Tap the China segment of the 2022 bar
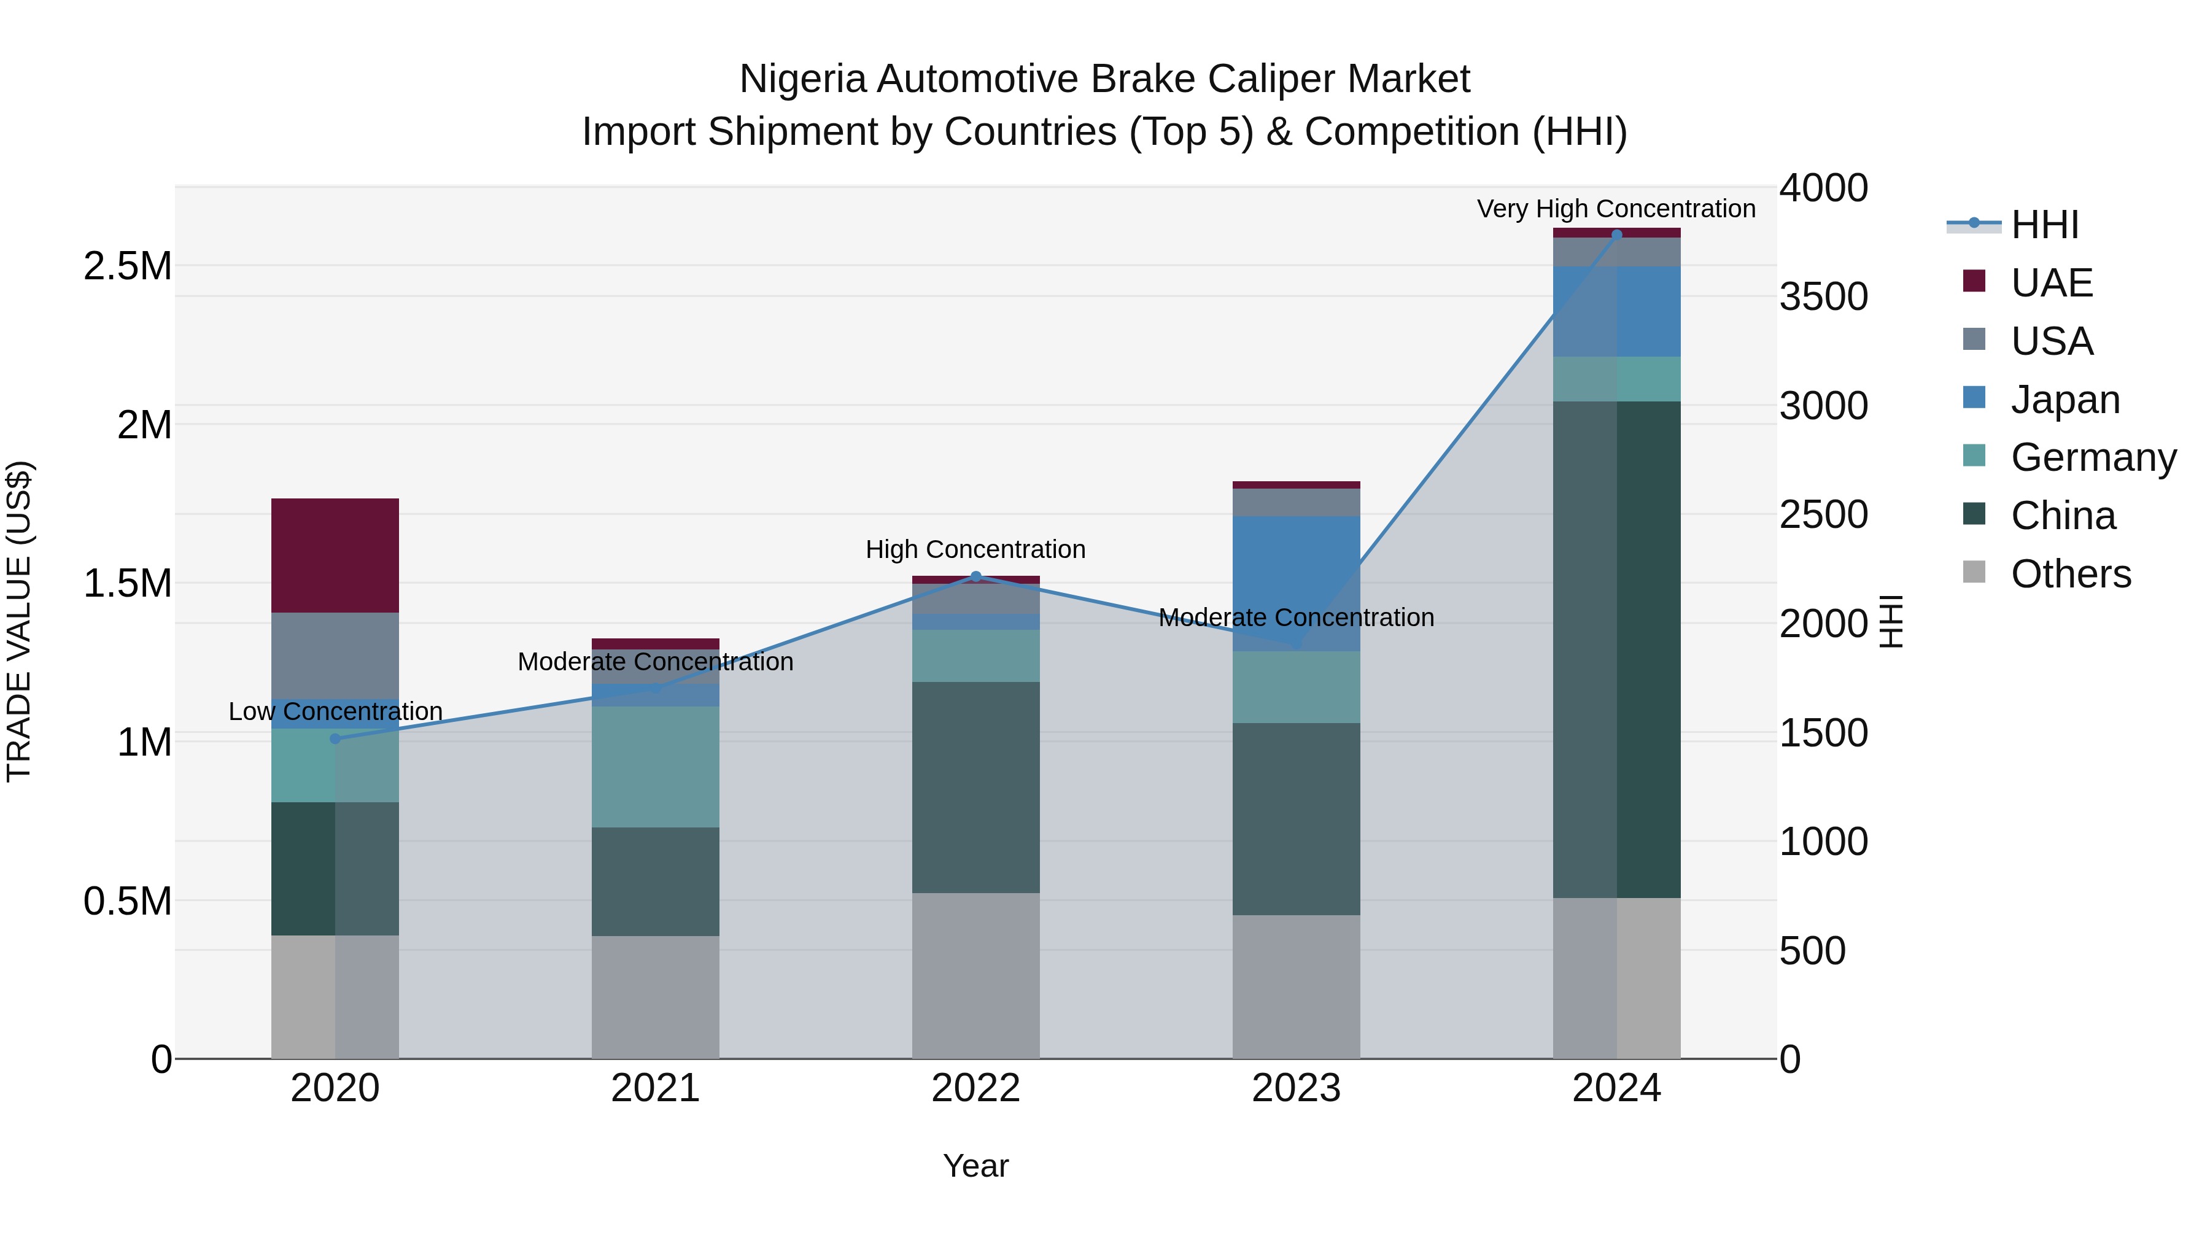[975, 787]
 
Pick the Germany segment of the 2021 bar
[656, 766]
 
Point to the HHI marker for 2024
[1616, 234]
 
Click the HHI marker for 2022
[975, 576]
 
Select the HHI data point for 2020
[335, 738]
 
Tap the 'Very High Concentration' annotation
[1616, 209]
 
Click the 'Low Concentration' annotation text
[335, 711]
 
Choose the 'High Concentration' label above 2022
[975, 549]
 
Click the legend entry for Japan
[2063, 400]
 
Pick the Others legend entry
[2069, 574]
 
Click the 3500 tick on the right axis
[1823, 297]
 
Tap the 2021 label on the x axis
[656, 1088]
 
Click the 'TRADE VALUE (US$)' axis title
[19, 621]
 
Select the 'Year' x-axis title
[975, 1166]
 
